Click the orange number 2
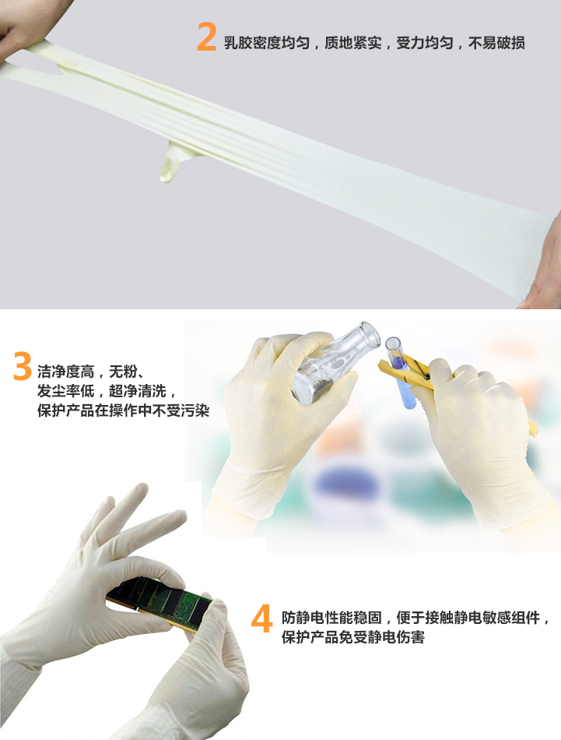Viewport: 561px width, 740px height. [206, 37]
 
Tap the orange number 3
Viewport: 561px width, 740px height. [23, 366]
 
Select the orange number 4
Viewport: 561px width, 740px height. [262, 618]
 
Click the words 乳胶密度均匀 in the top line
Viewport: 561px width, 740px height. [267, 44]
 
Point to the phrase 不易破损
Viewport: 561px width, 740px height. [496, 44]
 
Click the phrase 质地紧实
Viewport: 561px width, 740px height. [353, 44]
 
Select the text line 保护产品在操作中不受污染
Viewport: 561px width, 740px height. [124, 410]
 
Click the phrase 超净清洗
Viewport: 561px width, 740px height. [138, 391]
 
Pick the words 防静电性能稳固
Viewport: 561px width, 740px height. [332, 617]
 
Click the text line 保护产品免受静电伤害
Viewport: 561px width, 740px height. [353, 637]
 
